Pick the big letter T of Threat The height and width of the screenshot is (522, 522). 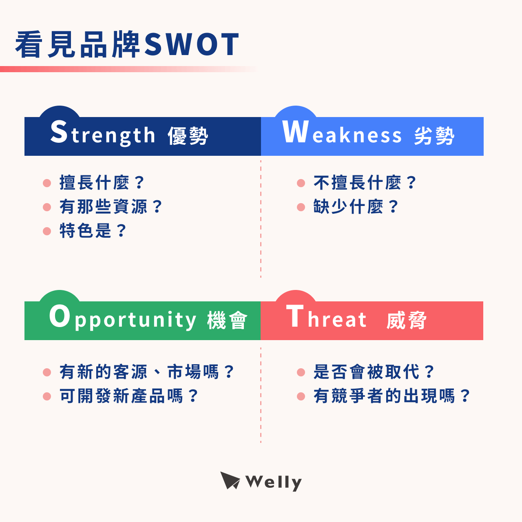295,316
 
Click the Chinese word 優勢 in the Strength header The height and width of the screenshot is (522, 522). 188,136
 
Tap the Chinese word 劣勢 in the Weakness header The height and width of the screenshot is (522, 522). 434,136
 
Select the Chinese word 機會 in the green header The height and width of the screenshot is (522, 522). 227,320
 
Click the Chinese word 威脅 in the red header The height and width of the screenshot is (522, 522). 407,320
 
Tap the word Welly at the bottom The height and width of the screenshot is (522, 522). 274,482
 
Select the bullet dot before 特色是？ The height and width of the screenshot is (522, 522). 47,231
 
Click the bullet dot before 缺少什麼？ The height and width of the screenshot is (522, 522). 301,207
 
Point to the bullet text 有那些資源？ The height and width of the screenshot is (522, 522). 111,207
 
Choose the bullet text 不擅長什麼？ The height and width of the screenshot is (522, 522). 365,183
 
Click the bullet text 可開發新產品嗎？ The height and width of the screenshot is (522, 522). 129,396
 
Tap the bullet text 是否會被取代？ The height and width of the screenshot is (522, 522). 374,372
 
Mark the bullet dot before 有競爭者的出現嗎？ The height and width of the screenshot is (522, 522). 301,396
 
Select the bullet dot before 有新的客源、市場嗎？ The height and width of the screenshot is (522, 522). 47,372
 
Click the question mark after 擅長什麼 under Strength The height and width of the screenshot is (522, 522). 139,183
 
